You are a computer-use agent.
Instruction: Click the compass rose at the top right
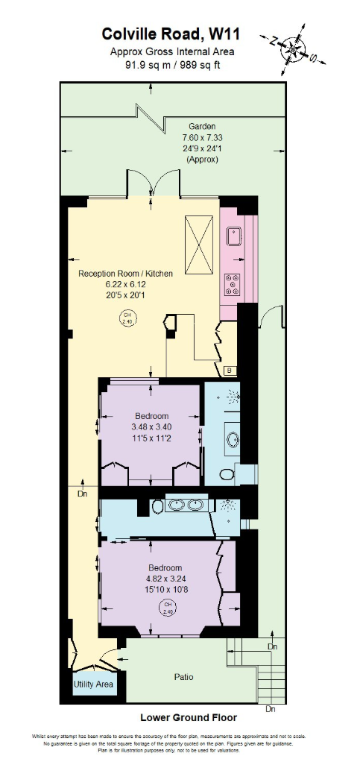[295, 51]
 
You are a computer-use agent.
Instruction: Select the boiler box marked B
[229, 371]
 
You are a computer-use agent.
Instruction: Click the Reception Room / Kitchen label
[125, 274]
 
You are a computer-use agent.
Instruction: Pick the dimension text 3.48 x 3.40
[151, 427]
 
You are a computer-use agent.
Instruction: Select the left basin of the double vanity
[177, 506]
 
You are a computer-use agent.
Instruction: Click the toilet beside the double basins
[157, 507]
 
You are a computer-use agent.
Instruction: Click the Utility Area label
[93, 684]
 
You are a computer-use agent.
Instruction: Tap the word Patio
[184, 677]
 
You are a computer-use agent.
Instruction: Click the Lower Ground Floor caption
[189, 717]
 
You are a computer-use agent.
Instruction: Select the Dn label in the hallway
[82, 494]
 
